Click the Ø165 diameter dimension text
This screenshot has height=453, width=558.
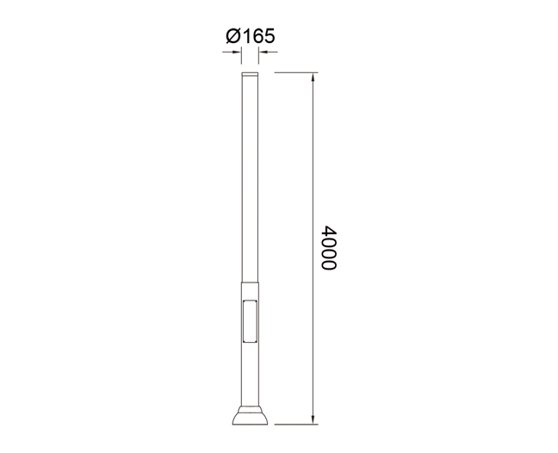(x=251, y=36)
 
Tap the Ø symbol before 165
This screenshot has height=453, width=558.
(x=233, y=36)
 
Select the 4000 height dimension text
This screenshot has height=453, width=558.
(x=328, y=248)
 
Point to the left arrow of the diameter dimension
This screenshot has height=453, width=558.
(x=232, y=53)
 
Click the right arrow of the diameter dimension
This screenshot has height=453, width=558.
(x=268, y=53)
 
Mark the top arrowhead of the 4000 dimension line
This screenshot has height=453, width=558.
(x=313, y=77)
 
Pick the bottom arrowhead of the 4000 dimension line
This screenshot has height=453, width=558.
(x=313, y=420)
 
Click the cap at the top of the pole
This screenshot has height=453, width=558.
(x=250, y=74)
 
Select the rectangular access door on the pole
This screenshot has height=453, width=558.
(x=250, y=321)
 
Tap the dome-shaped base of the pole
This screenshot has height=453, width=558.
(x=250, y=419)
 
